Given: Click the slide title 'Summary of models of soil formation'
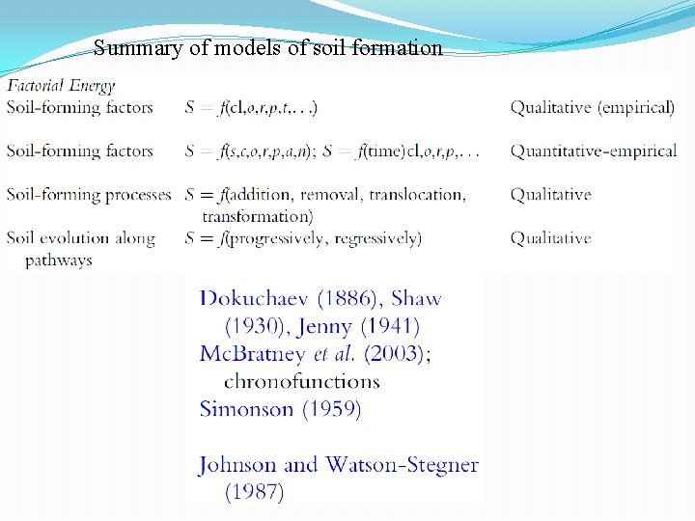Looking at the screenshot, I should click(268, 47).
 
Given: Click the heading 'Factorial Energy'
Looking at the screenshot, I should click(61, 86).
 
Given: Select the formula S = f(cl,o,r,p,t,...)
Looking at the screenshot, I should click(252, 107).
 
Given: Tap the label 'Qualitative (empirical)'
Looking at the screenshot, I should click(593, 107).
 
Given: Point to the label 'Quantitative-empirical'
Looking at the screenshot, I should click(594, 151).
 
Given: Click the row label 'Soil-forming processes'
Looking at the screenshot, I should click(89, 194).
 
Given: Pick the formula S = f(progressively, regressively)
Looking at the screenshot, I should click(303, 237).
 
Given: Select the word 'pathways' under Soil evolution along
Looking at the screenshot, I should click(59, 260).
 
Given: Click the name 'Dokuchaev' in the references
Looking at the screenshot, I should click(253, 299).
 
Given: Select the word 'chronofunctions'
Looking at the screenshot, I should click(302, 381).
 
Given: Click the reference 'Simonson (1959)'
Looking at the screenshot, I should click(280, 409).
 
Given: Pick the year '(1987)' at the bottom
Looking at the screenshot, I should click(255, 492).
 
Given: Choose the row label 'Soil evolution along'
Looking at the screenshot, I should click(81, 237).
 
